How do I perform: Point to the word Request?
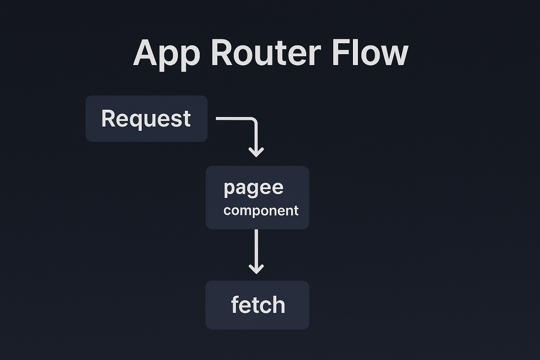pyautogui.click(x=146, y=119)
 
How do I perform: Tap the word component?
pyautogui.click(x=261, y=211)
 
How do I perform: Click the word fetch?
pyautogui.click(x=258, y=305)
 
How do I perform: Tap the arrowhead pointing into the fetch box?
pyautogui.click(x=256, y=269)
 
